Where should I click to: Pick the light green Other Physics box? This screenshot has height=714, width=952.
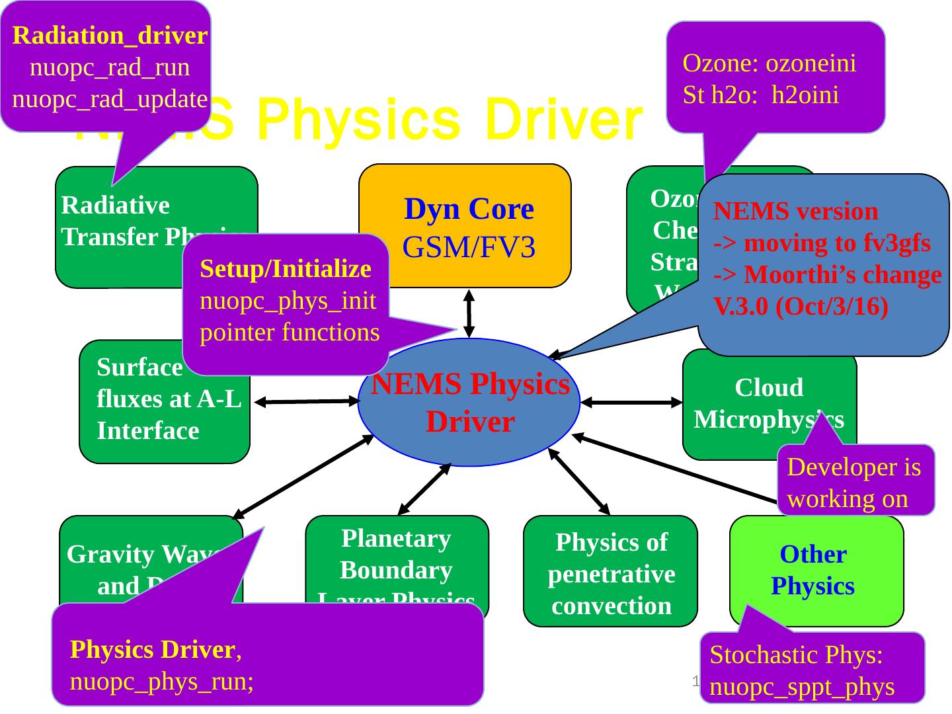(x=813, y=570)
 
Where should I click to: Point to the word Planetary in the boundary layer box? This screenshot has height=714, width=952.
(x=396, y=538)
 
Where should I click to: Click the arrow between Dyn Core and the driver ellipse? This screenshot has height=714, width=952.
(x=469, y=313)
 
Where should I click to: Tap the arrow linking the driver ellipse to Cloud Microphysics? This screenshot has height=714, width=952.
(x=631, y=402)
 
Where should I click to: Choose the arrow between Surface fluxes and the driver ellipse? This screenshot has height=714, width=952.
(x=306, y=401)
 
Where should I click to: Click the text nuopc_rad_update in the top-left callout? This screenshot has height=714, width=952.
(x=110, y=99)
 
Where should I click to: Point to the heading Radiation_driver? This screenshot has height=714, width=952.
(x=110, y=35)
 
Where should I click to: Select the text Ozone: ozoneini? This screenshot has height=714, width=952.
(x=769, y=63)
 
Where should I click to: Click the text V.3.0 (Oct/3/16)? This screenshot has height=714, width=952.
(x=800, y=307)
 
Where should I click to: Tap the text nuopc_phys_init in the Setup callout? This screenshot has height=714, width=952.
(x=288, y=301)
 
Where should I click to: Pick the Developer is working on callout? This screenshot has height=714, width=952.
(x=855, y=482)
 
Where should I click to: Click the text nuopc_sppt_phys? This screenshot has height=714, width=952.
(x=801, y=687)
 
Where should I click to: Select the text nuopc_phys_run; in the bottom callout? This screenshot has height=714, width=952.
(x=162, y=682)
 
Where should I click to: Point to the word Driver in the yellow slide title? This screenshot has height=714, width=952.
(x=563, y=120)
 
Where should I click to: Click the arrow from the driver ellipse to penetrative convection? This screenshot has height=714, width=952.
(x=579, y=481)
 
